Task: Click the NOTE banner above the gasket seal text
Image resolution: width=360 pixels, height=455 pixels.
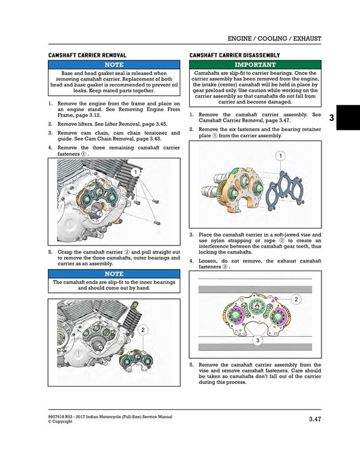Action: pos(113,64)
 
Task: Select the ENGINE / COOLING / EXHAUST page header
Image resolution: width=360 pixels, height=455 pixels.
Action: pos(274,39)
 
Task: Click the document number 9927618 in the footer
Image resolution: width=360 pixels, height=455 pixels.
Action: pos(59,417)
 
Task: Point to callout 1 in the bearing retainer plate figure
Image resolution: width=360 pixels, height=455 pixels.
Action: pos(280,156)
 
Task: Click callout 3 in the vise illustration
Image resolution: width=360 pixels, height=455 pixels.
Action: pos(257,341)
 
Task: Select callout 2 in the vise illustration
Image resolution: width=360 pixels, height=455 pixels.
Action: pos(297,298)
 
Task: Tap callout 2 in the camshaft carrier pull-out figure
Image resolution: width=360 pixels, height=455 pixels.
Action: pos(143,329)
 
